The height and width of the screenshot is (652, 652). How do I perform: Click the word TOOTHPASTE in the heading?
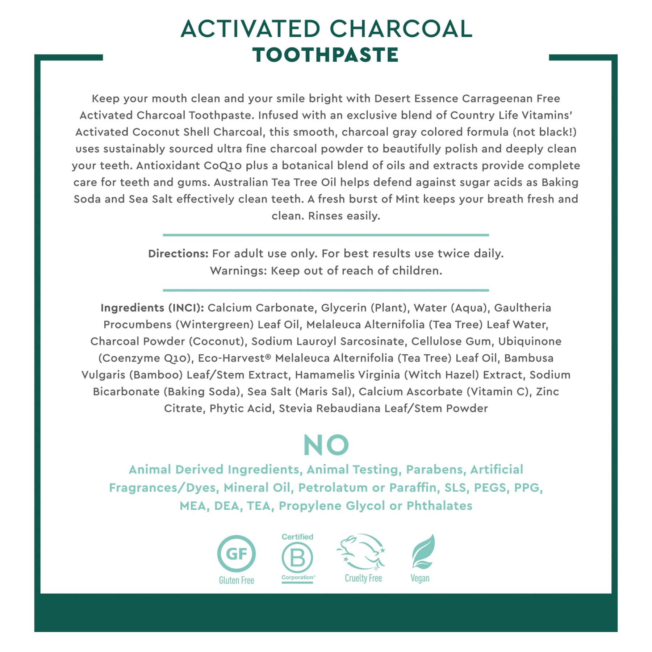[x=326, y=55]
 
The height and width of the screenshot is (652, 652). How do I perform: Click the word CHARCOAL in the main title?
[x=401, y=29]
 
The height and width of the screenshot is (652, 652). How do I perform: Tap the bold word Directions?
[x=178, y=254]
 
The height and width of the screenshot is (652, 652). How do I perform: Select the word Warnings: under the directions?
[x=238, y=271]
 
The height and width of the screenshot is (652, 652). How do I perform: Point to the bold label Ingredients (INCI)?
[x=152, y=308]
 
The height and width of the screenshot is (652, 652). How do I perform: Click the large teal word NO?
[x=326, y=445]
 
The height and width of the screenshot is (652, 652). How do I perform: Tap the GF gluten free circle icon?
[x=237, y=553]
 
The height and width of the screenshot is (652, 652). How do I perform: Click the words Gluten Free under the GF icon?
[x=237, y=580]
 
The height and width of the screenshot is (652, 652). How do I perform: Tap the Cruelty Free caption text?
[x=363, y=578]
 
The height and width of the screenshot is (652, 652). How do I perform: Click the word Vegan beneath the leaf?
[x=420, y=578]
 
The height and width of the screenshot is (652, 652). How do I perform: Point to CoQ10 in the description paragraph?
[x=222, y=166]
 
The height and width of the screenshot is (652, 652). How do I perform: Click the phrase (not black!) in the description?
[x=544, y=132]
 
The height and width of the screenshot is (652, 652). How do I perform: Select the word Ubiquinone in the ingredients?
[x=530, y=341]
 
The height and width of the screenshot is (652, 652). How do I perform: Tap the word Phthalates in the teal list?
[x=439, y=506]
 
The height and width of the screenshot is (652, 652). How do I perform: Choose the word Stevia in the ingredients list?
[x=295, y=408]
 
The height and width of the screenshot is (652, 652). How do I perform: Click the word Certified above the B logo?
[x=297, y=537]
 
